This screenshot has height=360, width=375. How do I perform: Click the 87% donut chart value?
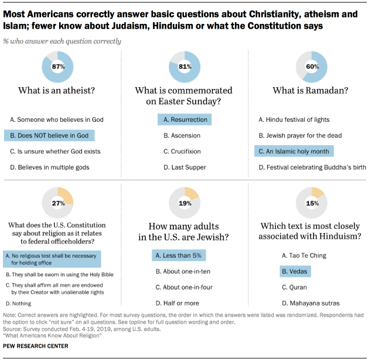point(58,66)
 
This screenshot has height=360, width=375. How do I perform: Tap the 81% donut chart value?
point(185,66)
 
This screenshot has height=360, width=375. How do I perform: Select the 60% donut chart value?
point(312,66)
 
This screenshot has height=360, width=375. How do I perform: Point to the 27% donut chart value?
point(58,203)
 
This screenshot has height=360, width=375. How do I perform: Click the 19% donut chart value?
point(185,203)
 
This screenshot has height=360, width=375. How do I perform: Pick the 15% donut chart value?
point(312,203)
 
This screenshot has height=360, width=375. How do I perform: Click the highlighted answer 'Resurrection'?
point(185,119)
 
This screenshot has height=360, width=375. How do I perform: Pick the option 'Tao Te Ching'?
point(304,255)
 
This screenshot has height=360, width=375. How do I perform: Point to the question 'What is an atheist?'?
point(58,91)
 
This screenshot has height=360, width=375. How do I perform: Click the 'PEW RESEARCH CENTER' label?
point(35,346)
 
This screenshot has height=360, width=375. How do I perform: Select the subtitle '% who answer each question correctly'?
point(62,42)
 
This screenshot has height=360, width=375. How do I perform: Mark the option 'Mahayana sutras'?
point(310,303)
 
